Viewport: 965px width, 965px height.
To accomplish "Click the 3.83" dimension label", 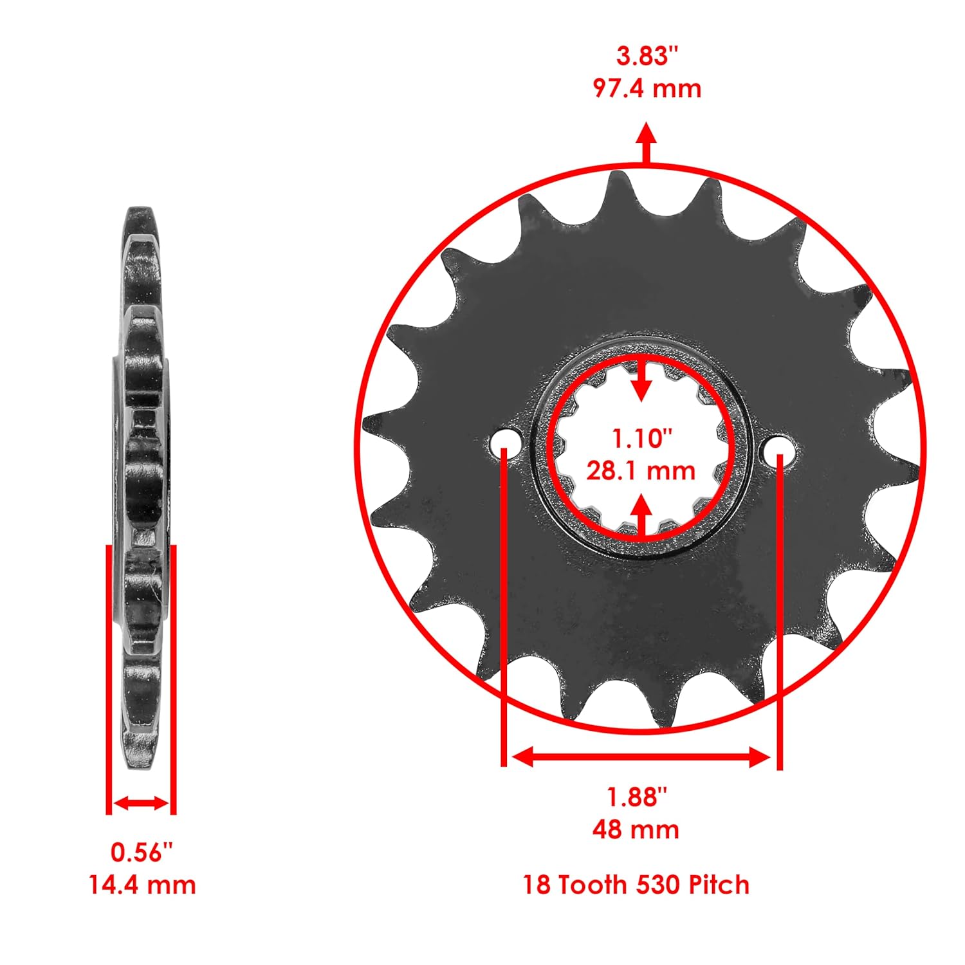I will click(x=647, y=56).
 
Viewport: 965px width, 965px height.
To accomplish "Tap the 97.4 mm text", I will click(x=647, y=88).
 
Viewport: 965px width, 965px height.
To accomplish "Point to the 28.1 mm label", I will click(x=641, y=470).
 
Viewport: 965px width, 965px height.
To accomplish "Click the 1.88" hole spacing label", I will click(x=637, y=797).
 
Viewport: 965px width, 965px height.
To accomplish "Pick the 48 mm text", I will click(x=636, y=829).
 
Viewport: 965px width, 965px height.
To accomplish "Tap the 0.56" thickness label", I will click(x=142, y=852).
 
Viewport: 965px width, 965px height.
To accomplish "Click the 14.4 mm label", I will click(x=142, y=885).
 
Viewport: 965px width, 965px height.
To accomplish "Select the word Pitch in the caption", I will click(x=719, y=885).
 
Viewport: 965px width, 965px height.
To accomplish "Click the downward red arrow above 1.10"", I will click(x=641, y=383).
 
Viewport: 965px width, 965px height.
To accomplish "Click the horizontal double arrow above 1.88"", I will click(x=641, y=757).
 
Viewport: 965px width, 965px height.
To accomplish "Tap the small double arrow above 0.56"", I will click(x=141, y=803).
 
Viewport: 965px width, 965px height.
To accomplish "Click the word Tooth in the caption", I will click(x=592, y=885).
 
